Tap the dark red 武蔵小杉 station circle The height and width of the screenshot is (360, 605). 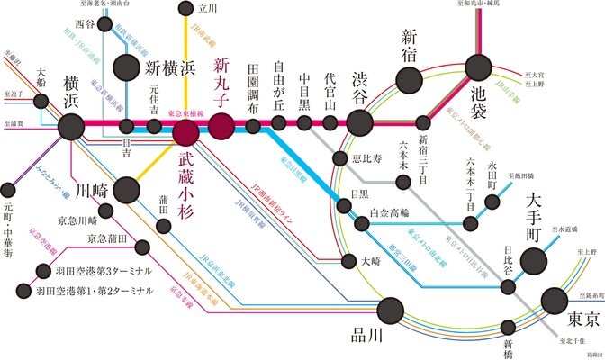[x=186, y=134]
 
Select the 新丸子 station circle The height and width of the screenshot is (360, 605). [x=221, y=126]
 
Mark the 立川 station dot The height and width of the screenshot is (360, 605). [x=185, y=10]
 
